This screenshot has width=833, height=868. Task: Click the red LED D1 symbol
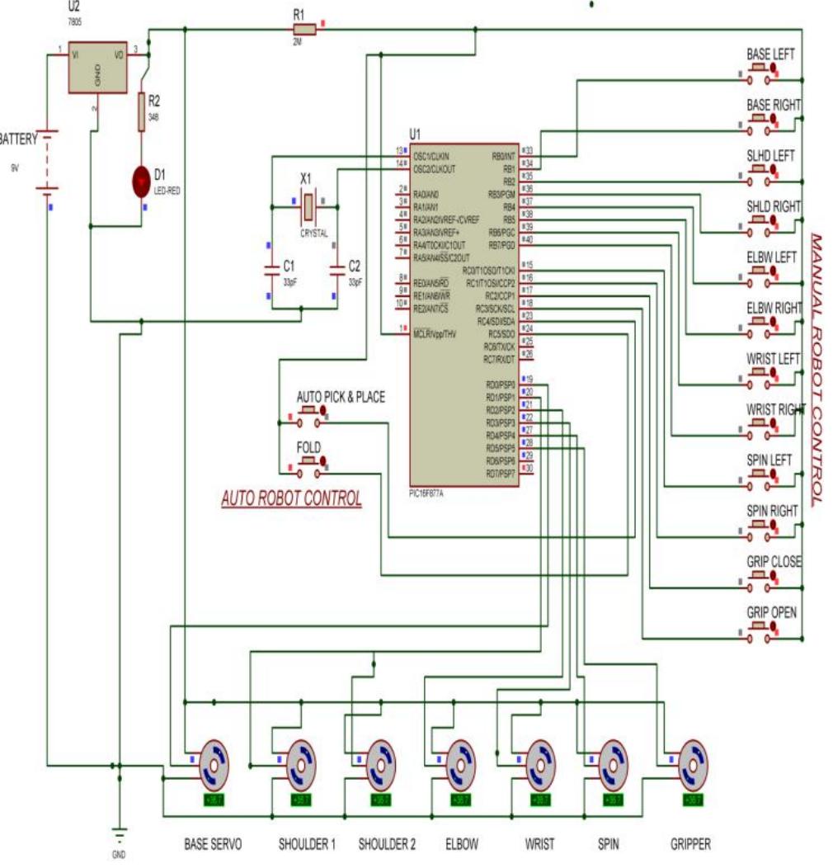tap(143, 180)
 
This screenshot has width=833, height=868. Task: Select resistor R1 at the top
tap(304, 30)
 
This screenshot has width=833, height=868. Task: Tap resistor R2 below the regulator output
tap(142, 112)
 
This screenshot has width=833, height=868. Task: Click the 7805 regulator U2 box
tap(97, 68)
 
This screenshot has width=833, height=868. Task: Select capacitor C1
tap(270, 270)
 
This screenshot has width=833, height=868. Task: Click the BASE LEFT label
tap(770, 54)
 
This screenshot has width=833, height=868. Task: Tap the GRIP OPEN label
tap(770, 613)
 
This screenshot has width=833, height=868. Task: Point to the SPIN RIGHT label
tap(772, 512)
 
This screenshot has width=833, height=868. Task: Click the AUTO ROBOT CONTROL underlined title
tap(291, 499)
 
